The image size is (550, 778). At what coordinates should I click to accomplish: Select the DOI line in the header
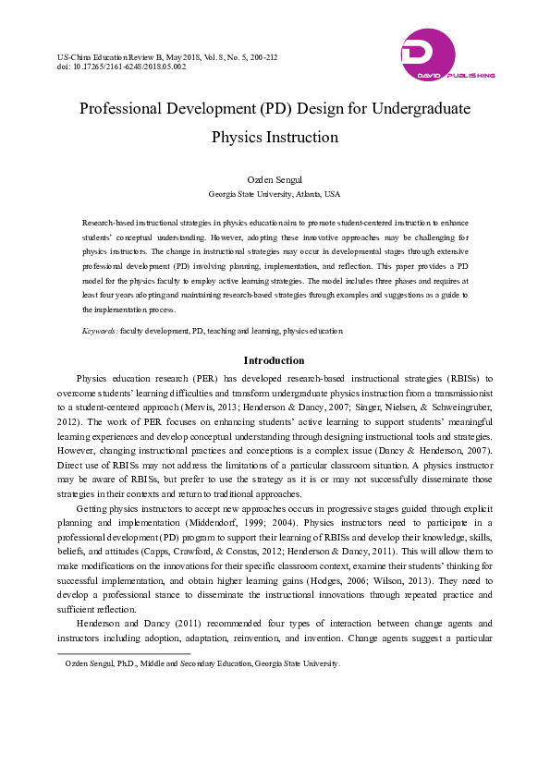[121, 67]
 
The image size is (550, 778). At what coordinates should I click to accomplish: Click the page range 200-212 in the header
[261, 56]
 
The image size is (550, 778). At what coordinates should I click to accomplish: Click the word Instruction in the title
[301, 138]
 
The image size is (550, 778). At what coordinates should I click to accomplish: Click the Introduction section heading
[275, 360]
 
